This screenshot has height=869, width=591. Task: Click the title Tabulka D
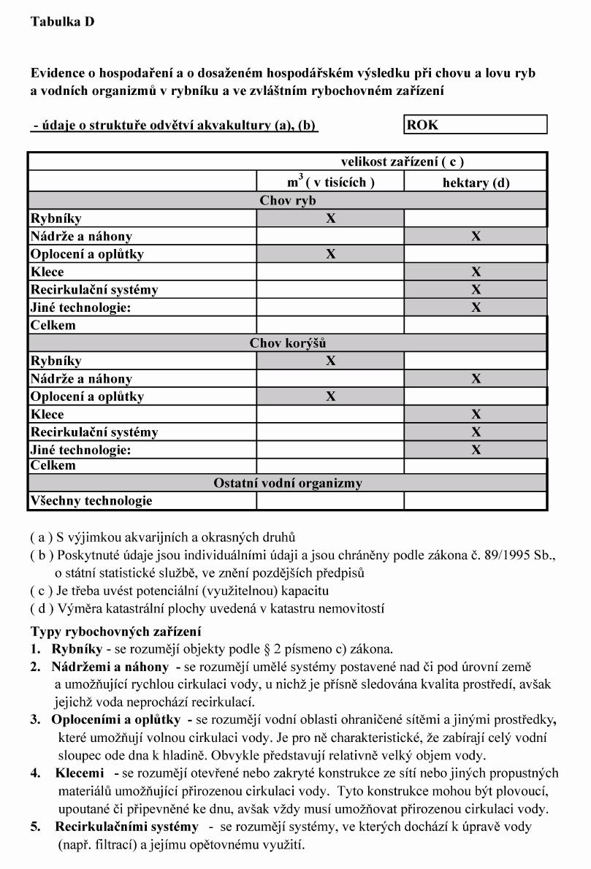(x=63, y=22)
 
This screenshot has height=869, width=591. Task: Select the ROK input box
(x=475, y=125)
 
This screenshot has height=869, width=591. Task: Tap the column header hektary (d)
(x=476, y=183)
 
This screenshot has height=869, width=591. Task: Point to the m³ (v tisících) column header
(x=330, y=182)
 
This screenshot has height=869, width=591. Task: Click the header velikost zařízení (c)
(x=402, y=162)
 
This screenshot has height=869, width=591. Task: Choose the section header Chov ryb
(x=287, y=200)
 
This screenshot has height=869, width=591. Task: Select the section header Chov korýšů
(x=287, y=342)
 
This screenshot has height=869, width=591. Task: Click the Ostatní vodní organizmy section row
(x=287, y=483)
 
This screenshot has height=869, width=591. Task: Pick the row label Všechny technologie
(x=91, y=501)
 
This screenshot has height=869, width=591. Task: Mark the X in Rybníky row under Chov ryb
(x=330, y=218)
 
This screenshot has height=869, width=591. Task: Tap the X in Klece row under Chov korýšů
(x=476, y=414)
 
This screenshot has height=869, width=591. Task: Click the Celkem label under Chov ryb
(x=53, y=325)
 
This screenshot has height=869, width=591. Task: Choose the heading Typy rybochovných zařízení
(x=115, y=631)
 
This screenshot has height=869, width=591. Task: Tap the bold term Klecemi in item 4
(x=80, y=773)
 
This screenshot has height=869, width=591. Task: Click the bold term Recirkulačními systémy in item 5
(x=126, y=827)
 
